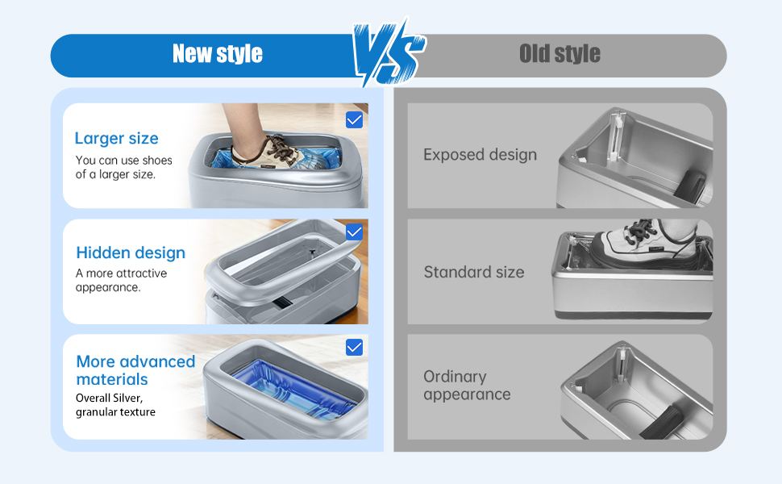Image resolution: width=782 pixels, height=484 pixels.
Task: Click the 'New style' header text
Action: coord(218,53)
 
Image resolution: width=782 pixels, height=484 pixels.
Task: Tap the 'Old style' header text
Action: coord(559,53)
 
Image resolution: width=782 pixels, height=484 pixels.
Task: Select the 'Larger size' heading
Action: coord(116,138)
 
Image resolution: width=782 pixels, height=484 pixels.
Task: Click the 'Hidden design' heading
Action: coord(131,253)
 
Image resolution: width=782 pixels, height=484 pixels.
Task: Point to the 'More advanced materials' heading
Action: coord(135,370)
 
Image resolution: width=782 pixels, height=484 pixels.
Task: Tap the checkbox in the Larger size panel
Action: coord(354,119)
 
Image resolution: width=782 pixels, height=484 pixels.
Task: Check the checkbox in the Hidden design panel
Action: coord(354,232)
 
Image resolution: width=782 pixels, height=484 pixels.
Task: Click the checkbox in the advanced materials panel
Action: coord(354,348)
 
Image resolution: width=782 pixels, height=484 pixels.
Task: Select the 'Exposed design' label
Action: coord(480,155)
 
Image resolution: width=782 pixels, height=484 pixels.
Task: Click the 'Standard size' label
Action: coord(474,272)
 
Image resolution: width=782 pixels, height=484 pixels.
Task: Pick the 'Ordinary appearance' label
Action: coord(467,386)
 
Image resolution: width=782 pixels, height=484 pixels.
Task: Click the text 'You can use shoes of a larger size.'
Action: coord(123,167)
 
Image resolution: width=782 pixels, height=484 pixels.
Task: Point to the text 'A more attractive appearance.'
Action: coord(121,280)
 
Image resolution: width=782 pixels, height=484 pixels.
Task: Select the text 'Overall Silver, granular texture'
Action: coord(115,405)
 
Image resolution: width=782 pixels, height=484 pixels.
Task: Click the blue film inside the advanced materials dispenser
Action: coord(293,389)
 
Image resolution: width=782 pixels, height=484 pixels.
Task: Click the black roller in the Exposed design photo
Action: coord(690,186)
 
